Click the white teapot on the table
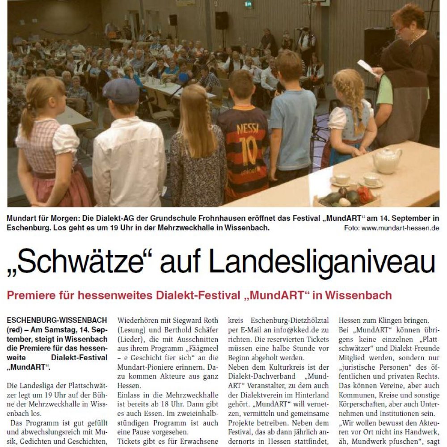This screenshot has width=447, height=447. pos(387,160)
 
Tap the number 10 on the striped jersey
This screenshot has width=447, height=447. pos(242,146)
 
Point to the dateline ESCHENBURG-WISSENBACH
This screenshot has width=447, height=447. pos(57,320)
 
